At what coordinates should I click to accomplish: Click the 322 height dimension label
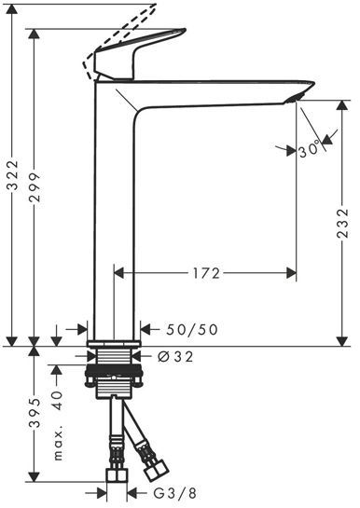[x=13, y=175]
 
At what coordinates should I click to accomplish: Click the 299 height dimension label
[x=35, y=187]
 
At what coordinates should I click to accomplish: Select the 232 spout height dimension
[x=342, y=223]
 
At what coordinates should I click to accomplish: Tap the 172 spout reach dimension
[x=206, y=274]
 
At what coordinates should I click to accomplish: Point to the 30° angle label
[x=310, y=151]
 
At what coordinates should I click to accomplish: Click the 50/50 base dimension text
[x=192, y=329]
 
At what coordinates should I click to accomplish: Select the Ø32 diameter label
[x=175, y=357]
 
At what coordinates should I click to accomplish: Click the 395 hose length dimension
[x=35, y=412]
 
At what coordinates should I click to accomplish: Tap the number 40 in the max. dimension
[x=57, y=401]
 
